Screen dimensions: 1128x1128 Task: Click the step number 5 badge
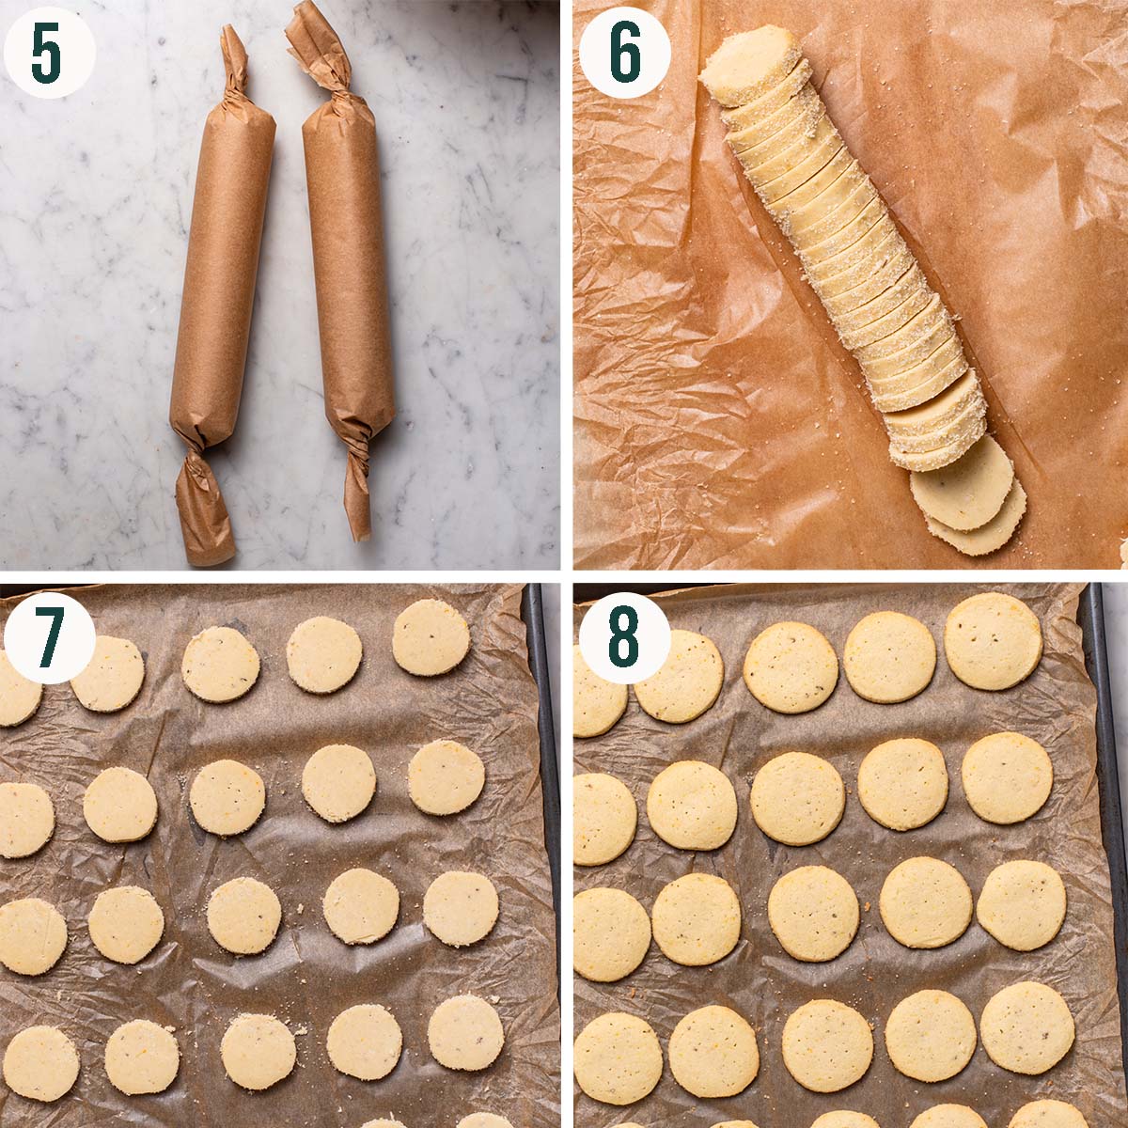pos(49,54)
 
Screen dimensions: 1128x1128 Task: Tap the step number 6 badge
pos(624,54)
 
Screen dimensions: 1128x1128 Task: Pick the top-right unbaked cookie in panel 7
pos(431,637)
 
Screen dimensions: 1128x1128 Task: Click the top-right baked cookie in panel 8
pos(994,641)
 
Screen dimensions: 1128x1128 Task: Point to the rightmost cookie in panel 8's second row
pos(1007,777)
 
